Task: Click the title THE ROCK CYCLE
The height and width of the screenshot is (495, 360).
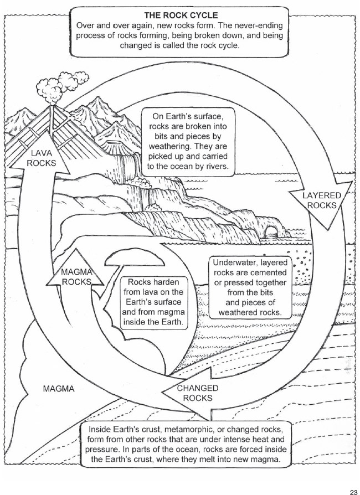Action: pyautogui.click(x=181, y=15)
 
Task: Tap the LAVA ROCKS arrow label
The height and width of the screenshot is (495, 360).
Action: pyautogui.click(x=41, y=158)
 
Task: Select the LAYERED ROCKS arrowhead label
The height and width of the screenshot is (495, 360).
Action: pyautogui.click(x=322, y=200)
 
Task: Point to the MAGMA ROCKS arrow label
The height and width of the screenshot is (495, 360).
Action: pyautogui.click(x=76, y=277)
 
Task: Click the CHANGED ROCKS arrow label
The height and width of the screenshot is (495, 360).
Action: pyautogui.click(x=198, y=393)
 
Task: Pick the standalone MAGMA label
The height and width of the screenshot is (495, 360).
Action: pyautogui.click(x=59, y=389)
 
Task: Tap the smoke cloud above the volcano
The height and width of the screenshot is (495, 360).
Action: pyautogui.click(x=62, y=85)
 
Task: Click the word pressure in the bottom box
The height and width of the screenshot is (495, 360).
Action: pyautogui.click(x=100, y=450)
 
